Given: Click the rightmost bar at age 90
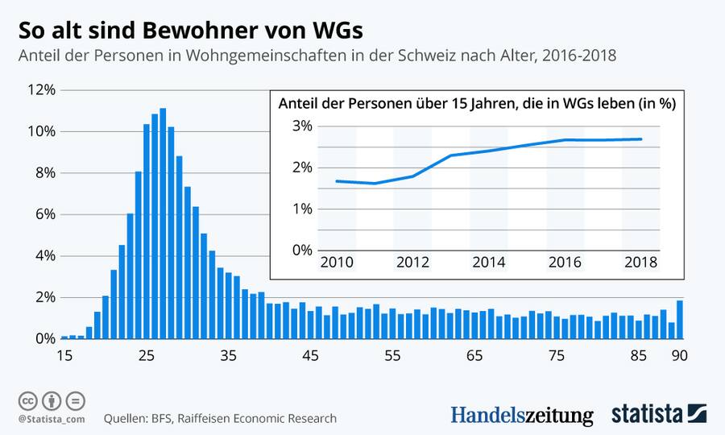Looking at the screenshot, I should (x=680, y=319).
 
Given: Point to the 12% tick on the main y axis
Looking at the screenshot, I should (x=40, y=90).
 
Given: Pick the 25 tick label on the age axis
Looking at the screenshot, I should (x=146, y=355).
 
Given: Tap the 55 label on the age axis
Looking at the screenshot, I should (x=392, y=355).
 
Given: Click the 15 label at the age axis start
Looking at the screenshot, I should (x=64, y=355).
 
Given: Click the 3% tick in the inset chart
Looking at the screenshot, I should (x=301, y=126).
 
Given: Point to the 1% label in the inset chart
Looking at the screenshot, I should (x=301, y=209).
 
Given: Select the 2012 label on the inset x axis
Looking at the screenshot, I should (x=412, y=263).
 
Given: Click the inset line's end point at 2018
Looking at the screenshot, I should (x=641, y=139).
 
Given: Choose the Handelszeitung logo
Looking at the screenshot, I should (x=521, y=415).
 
